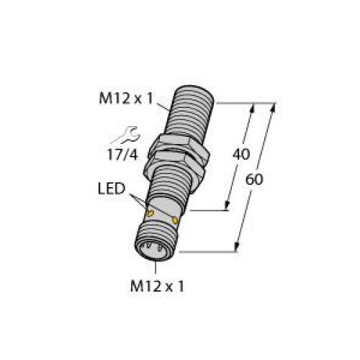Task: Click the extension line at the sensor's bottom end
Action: (209, 251)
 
